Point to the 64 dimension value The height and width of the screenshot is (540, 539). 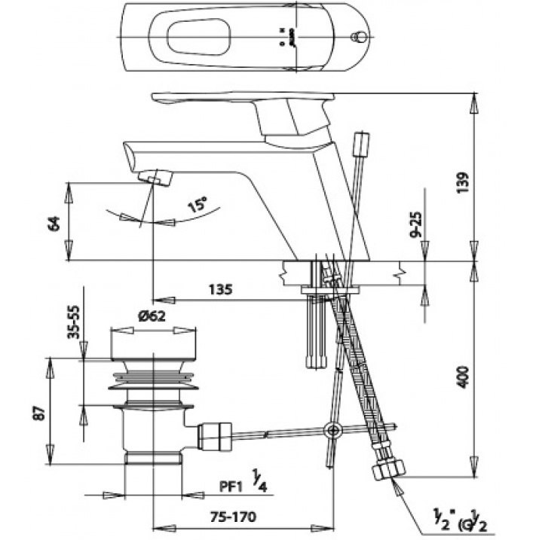coord(54,223)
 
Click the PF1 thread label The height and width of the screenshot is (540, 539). coord(230,487)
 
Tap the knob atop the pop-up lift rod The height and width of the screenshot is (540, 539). coord(363,143)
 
